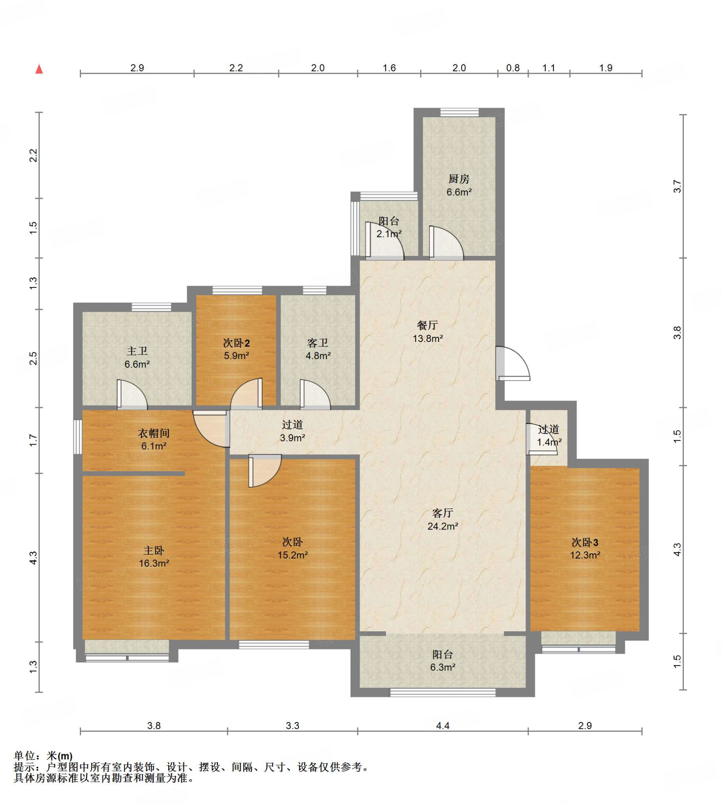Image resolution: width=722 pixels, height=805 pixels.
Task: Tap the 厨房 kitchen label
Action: [459, 179]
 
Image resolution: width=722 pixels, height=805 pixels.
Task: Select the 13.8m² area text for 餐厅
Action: [428, 338]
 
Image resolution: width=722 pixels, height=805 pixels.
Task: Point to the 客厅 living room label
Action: [443, 513]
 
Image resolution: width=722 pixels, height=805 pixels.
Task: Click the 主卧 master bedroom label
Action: [154, 550]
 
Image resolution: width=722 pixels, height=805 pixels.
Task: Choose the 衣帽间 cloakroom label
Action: [154, 433]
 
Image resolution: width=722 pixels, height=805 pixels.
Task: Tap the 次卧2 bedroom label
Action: [236, 342]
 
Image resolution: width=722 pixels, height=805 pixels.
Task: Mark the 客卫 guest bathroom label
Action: [318, 342]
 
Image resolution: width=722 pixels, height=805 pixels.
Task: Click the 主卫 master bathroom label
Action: [137, 351]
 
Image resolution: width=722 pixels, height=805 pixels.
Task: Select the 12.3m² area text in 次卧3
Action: [585, 555]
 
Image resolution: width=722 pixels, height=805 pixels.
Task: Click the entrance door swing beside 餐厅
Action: [513, 364]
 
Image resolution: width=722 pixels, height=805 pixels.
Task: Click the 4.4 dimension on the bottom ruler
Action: [443, 726]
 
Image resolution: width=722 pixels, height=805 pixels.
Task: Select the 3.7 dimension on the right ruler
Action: [677, 186]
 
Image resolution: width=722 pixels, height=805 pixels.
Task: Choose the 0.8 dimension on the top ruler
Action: [513, 68]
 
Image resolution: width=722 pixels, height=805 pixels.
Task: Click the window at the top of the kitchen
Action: [459, 112]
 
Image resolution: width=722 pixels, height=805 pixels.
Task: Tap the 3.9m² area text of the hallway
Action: [292, 437]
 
